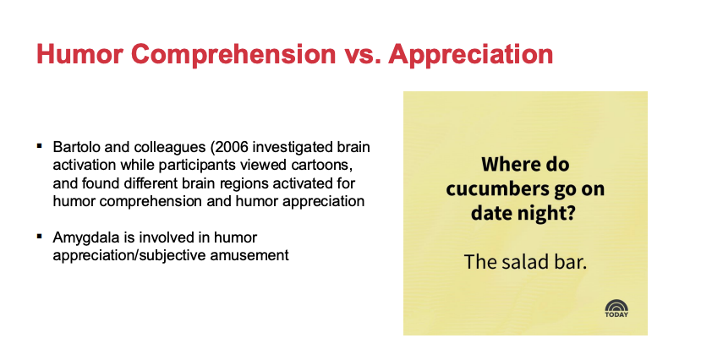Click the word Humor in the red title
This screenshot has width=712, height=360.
(79, 53)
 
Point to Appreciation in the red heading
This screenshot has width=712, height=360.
(471, 54)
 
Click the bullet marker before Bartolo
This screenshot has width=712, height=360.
(40, 145)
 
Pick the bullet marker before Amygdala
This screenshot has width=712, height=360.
(40, 236)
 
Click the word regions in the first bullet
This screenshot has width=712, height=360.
(245, 183)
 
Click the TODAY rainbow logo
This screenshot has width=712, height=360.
(616, 308)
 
